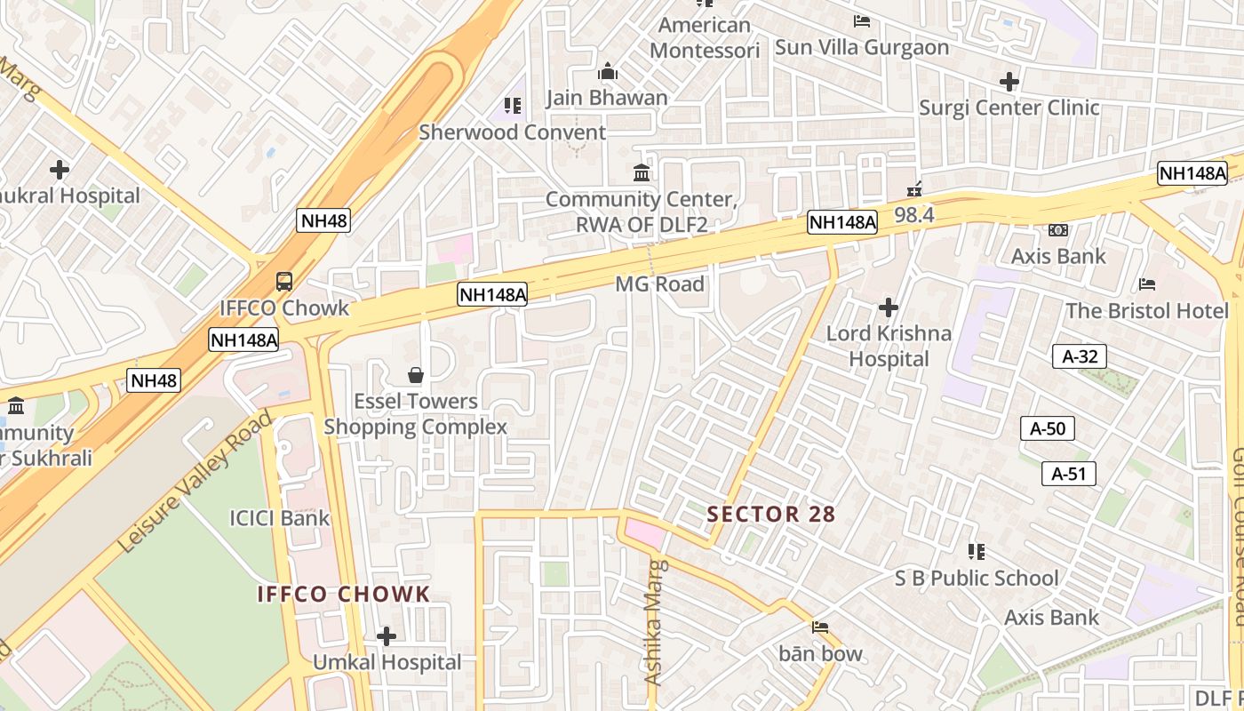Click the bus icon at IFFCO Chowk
pyautogui.click(x=284, y=282)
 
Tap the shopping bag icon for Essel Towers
pyautogui.click(x=415, y=375)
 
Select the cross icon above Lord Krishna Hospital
pyautogui.click(x=888, y=308)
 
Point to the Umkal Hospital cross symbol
pyautogui.click(x=386, y=636)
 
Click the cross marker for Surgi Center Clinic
pyautogui.click(x=1009, y=82)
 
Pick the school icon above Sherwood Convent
pyautogui.click(x=513, y=106)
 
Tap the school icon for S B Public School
pyautogui.click(x=977, y=552)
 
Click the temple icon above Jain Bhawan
pyautogui.click(x=608, y=71)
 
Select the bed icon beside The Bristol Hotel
pyautogui.click(x=1147, y=284)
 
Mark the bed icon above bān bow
pyautogui.click(x=820, y=627)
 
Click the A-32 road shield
pyautogui.click(x=1080, y=356)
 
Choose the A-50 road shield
pyautogui.click(x=1048, y=428)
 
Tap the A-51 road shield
pyautogui.click(x=1069, y=474)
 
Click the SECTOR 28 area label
pyautogui.click(x=771, y=514)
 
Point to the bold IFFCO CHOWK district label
pyautogui.click(x=344, y=594)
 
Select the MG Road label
pyautogui.click(x=659, y=284)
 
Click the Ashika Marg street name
pyautogui.click(x=654, y=622)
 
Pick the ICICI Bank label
pyautogui.click(x=279, y=517)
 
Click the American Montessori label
pyautogui.click(x=705, y=37)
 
